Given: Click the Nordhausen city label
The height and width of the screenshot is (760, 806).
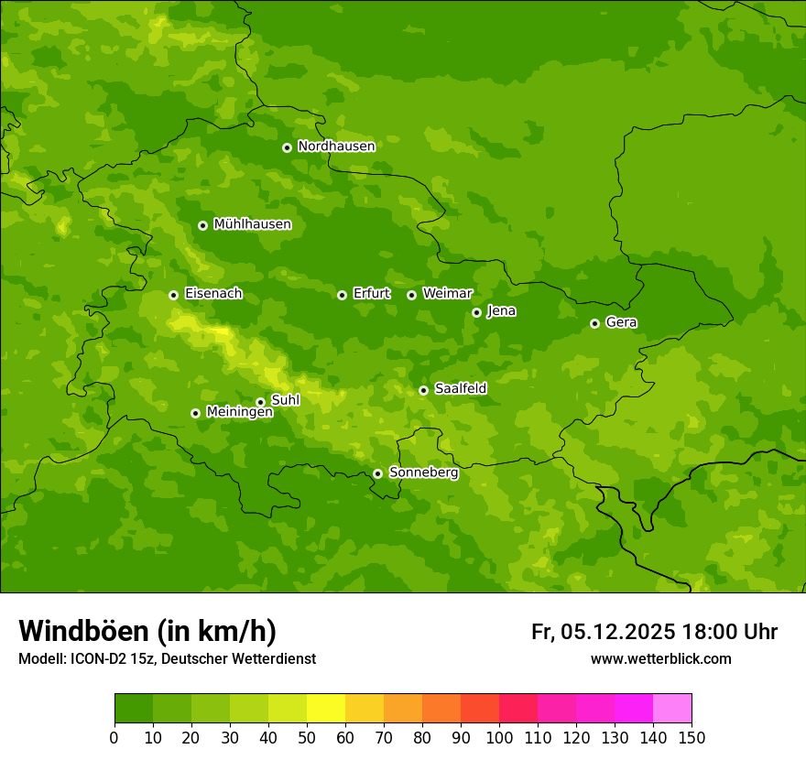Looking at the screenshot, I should coord(336,147).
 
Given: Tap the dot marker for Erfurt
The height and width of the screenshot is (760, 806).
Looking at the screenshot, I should coord(342,295).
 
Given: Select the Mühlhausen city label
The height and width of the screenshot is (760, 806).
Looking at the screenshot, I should coord(252,224).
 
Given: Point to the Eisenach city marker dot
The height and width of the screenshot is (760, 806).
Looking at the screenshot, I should coord(173,295).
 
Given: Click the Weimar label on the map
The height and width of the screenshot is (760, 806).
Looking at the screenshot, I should coord(447,294).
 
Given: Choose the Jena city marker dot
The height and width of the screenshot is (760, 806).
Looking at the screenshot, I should coord(476,312).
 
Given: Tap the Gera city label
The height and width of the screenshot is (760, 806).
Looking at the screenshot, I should coord(621,322).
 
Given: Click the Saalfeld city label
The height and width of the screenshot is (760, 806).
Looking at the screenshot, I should coord(460,389).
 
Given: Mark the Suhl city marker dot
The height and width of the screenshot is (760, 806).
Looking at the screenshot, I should coord(260,402).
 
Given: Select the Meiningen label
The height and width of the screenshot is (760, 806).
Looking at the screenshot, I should coord(239,412).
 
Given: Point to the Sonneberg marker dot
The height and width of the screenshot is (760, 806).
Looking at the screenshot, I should coord(377,473).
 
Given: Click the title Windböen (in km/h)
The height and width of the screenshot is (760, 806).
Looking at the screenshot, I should coord(147,631).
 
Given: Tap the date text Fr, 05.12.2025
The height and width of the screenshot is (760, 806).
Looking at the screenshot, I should coord(603,632).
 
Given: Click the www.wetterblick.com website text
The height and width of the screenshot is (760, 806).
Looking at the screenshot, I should coord(660,659).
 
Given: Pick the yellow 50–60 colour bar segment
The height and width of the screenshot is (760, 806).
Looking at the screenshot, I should coord(326,709).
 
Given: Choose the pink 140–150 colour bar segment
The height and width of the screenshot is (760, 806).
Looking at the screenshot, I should coord(672,709).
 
